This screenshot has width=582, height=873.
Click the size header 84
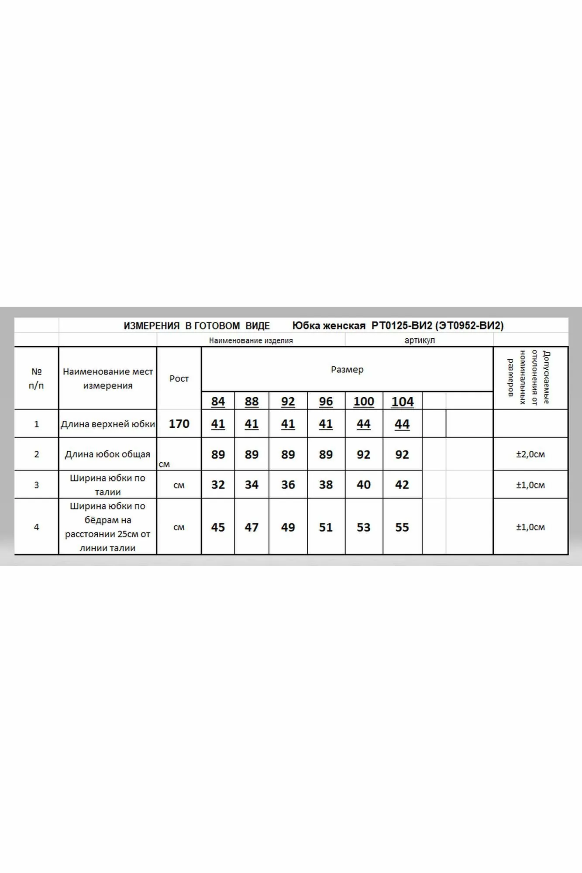pos(218,401)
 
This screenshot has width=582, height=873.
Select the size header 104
pos(402,401)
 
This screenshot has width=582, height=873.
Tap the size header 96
pos(326,401)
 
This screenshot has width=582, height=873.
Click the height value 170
pos(179,424)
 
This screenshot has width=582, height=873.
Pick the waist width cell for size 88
pos(251,485)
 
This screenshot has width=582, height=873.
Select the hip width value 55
pos(402,527)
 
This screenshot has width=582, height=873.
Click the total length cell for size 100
pos(363,454)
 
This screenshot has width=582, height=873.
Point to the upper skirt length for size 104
pos(402,424)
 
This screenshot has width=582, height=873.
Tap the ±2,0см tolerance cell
pos(530,454)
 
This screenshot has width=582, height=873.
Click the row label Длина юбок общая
pos(107,454)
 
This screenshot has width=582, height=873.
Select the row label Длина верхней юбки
pos(107,424)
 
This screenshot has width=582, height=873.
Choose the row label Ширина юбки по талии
pos(107,485)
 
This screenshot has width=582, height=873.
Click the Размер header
pos(347,369)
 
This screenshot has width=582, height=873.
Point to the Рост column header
pos(179,378)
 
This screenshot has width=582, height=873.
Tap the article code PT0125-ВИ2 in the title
pos(401,326)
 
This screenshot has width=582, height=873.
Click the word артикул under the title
pos(419,340)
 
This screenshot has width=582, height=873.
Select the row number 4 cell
pos(37,527)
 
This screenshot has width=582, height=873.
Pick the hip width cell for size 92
pos(288,527)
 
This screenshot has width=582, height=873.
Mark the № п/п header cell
pos(37,378)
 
